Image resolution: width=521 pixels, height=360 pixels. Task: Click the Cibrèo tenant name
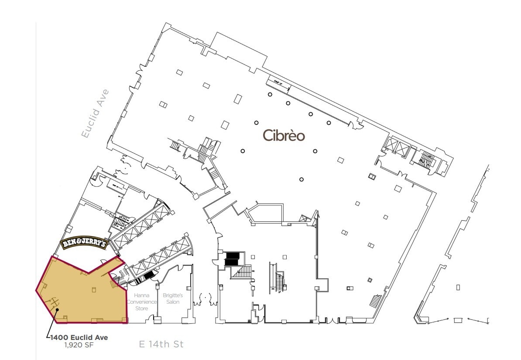[x=284, y=136]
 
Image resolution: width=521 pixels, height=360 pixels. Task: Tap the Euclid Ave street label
[x=95, y=114]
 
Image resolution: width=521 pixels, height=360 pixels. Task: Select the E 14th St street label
[x=161, y=344]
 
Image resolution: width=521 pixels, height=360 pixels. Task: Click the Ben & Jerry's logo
[x=83, y=244]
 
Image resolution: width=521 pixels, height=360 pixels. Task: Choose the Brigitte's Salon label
[x=173, y=298]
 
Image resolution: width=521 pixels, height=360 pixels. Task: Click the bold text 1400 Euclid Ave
[x=79, y=337]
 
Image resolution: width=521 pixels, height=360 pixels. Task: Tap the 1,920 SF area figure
[x=79, y=345]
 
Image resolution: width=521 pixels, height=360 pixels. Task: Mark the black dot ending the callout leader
[x=57, y=309]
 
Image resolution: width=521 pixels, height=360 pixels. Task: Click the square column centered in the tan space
[x=94, y=289]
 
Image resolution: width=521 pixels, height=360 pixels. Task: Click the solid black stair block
[x=232, y=259]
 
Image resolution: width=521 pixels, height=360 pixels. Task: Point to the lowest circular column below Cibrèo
[x=302, y=179]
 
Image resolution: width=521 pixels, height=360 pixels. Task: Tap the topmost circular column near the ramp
[x=270, y=94]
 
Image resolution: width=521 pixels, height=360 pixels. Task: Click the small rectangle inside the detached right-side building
[x=458, y=287]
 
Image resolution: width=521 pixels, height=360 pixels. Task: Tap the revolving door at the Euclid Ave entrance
[x=126, y=166]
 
